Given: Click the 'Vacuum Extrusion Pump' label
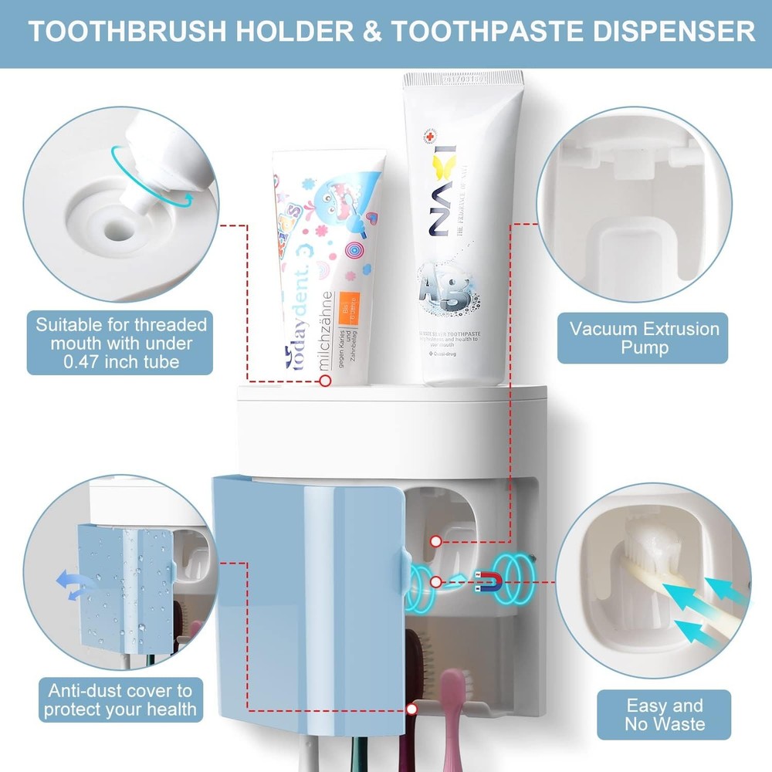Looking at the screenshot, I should [x=644, y=337].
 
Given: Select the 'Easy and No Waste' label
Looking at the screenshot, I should [x=665, y=714].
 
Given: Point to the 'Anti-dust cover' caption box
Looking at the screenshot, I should [x=120, y=700].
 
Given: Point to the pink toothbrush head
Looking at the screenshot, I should [x=452, y=695].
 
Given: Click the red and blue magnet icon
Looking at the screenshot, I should [x=488, y=580].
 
